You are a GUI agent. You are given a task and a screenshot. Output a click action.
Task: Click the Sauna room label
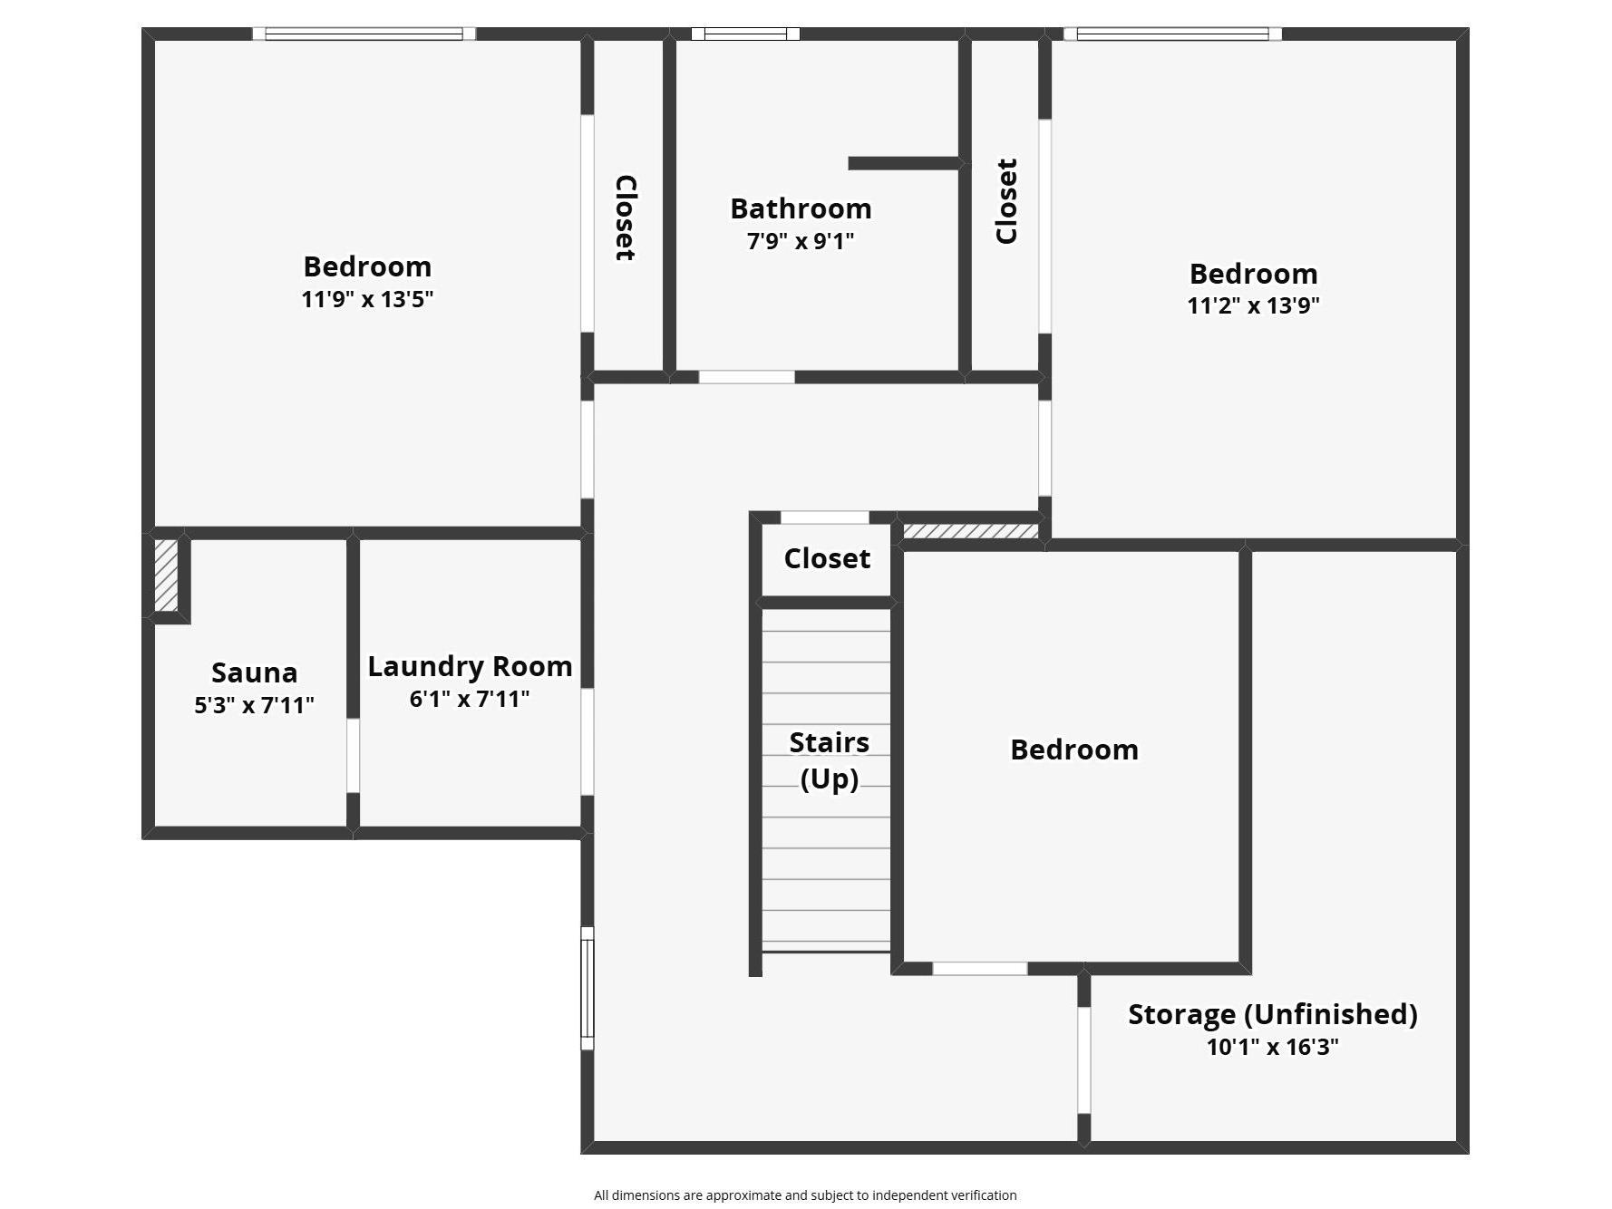pyautogui.click(x=254, y=672)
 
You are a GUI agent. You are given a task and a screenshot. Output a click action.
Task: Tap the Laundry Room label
pyautogui.click(x=470, y=666)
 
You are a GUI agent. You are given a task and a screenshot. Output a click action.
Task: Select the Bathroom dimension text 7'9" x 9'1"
pyautogui.click(x=801, y=241)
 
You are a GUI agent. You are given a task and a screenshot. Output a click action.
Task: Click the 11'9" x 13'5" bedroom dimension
pyautogui.click(x=367, y=299)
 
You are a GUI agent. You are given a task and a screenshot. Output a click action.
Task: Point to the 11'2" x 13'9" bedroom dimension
pyautogui.click(x=1253, y=305)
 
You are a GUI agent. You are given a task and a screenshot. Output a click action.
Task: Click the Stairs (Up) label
pyautogui.click(x=829, y=759)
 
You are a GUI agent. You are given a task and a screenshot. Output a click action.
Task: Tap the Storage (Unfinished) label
pyautogui.click(x=1272, y=1013)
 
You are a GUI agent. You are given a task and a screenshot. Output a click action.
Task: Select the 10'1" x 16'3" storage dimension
pyautogui.click(x=1272, y=1047)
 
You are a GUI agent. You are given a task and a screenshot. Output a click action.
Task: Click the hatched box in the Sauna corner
pyautogui.click(x=166, y=575)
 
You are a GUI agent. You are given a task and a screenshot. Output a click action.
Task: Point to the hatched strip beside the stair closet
pyautogui.click(x=971, y=531)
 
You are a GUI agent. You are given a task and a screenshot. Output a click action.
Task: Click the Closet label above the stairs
pyautogui.click(x=827, y=558)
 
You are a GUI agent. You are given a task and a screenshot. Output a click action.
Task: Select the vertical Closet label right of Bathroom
pyautogui.click(x=1006, y=201)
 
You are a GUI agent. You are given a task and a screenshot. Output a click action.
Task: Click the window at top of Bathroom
pyautogui.click(x=745, y=34)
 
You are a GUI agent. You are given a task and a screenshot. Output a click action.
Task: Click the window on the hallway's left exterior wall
pyautogui.click(x=588, y=988)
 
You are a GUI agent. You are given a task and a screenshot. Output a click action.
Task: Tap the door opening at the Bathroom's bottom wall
pyautogui.click(x=746, y=377)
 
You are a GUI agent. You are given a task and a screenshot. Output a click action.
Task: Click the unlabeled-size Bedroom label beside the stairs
pyautogui.click(x=1073, y=750)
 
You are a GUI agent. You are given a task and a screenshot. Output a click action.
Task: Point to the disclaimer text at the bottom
pyautogui.click(x=805, y=1195)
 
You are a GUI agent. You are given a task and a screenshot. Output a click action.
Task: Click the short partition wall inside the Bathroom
pyautogui.click(x=905, y=163)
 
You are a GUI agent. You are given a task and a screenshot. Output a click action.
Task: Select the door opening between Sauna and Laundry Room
pyautogui.click(x=353, y=756)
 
